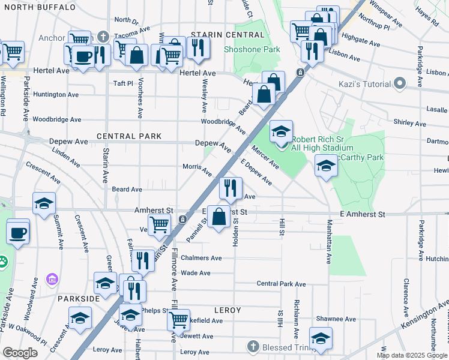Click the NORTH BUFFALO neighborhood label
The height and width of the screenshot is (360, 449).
[x=38, y=7]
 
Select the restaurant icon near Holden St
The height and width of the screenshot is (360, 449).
[x=230, y=189]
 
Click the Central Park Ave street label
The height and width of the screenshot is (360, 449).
[x=281, y=284]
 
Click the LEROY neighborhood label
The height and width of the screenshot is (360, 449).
[x=226, y=310]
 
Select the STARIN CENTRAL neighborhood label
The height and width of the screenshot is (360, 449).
[x=219, y=35]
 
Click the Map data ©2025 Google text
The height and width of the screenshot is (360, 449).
[x=411, y=355]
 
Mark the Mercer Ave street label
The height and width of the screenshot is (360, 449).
[x=265, y=157]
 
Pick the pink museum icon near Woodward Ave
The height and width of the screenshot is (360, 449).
[x=52, y=279]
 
